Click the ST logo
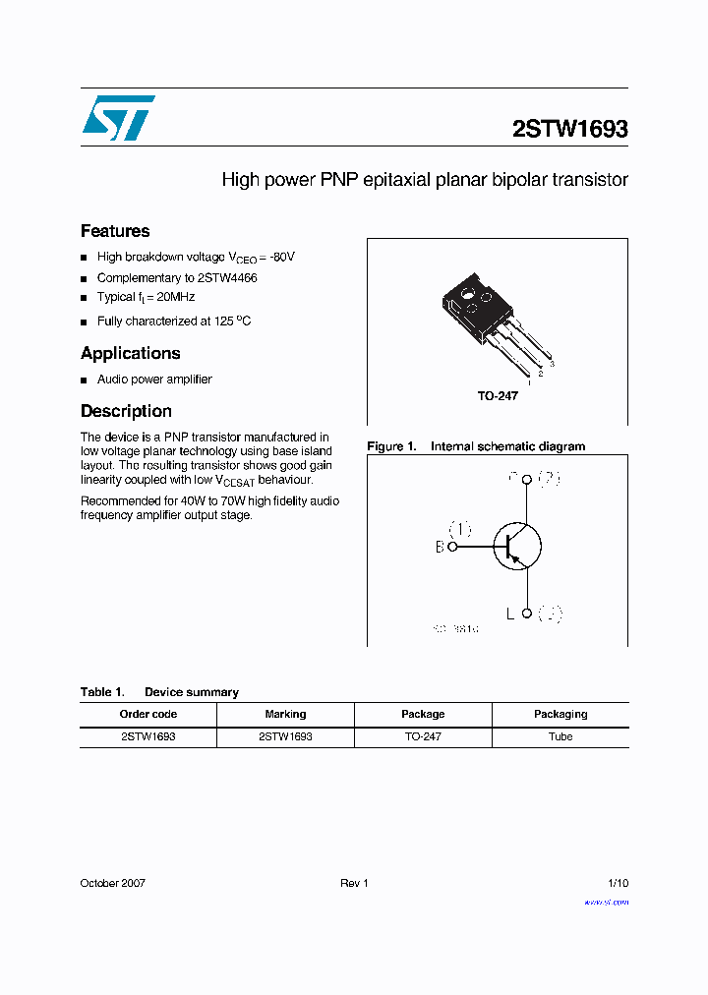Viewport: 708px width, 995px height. pyautogui.click(x=118, y=118)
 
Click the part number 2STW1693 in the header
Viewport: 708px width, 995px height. pyautogui.click(x=570, y=129)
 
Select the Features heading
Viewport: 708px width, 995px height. pyautogui.click(x=115, y=231)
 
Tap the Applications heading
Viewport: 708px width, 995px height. pyautogui.click(x=131, y=353)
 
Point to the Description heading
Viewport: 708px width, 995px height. pyautogui.click(x=126, y=411)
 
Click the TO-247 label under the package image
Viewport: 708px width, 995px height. pyautogui.click(x=498, y=395)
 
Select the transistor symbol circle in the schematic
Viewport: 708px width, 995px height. pyautogui.click(x=517, y=546)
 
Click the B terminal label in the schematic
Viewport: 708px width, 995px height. pyautogui.click(x=440, y=548)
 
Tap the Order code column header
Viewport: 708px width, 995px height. pyautogui.click(x=148, y=714)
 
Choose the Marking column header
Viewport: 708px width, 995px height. pyautogui.click(x=285, y=714)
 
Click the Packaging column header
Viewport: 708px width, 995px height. pyautogui.click(x=560, y=714)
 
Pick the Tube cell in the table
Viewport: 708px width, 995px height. pyautogui.click(x=560, y=736)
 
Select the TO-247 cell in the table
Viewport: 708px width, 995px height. pyautogui.click(x=423, y=736)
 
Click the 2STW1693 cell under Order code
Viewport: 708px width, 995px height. pyautogui.click(x=148, y=736)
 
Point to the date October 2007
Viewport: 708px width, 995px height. pyautogui.click(x=113, y=883)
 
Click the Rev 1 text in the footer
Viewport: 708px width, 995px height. pyautogui.click(x=354, y=883)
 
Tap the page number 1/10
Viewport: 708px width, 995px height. pyautogui.click(x=618, y=883)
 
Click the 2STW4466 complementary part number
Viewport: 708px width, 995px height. pyautogui.click(x=227, y=278)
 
